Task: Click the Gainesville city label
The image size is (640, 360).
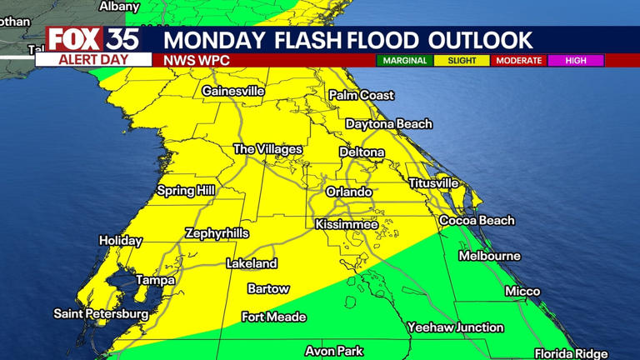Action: tap(233, 91)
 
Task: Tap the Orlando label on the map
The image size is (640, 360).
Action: tap(348, 192)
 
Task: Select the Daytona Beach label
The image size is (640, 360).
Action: tap(389, 124)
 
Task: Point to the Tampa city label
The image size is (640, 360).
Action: tap(156, 280)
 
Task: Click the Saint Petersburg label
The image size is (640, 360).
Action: tap(102, 314)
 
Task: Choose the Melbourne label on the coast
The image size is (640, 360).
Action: tap(489, 256)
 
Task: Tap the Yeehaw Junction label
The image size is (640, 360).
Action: tap(455, 327)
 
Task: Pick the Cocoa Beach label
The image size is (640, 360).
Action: tap(477, 221)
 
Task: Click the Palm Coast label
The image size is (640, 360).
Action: tap(361, 95)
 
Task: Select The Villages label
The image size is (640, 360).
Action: tap(267, 149)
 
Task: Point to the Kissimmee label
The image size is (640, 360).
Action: tap(347, 224)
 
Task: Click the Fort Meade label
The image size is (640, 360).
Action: tap(273, 317)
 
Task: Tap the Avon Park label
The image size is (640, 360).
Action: tap(333, 351)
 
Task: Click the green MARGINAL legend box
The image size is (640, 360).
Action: tap(404, 61)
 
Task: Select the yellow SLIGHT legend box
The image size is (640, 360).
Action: tap(461, 61)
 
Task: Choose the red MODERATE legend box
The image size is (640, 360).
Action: tap(518, 61)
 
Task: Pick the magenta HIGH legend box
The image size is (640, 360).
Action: tap(576, 61)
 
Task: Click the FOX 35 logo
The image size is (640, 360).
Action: tap(92, 39)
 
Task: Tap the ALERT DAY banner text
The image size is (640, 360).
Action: tap(92, 60)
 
